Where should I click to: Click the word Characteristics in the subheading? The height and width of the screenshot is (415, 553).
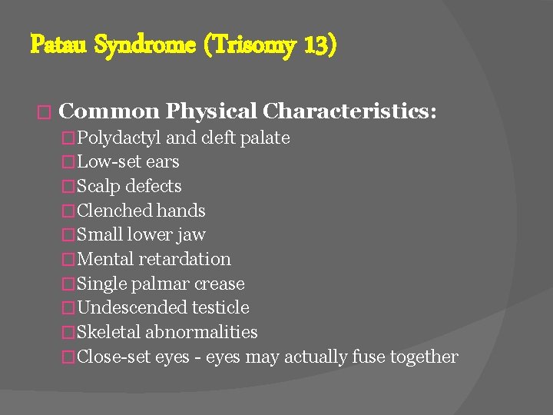click(x=349, y=112)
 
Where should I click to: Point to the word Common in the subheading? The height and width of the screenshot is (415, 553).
click(x=109, y=112)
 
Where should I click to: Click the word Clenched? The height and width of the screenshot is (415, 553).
click(x=115, y=211)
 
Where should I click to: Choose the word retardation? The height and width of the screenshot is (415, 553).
click(x=184, y=260)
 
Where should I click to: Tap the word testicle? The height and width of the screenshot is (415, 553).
click(x=220, y=308)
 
